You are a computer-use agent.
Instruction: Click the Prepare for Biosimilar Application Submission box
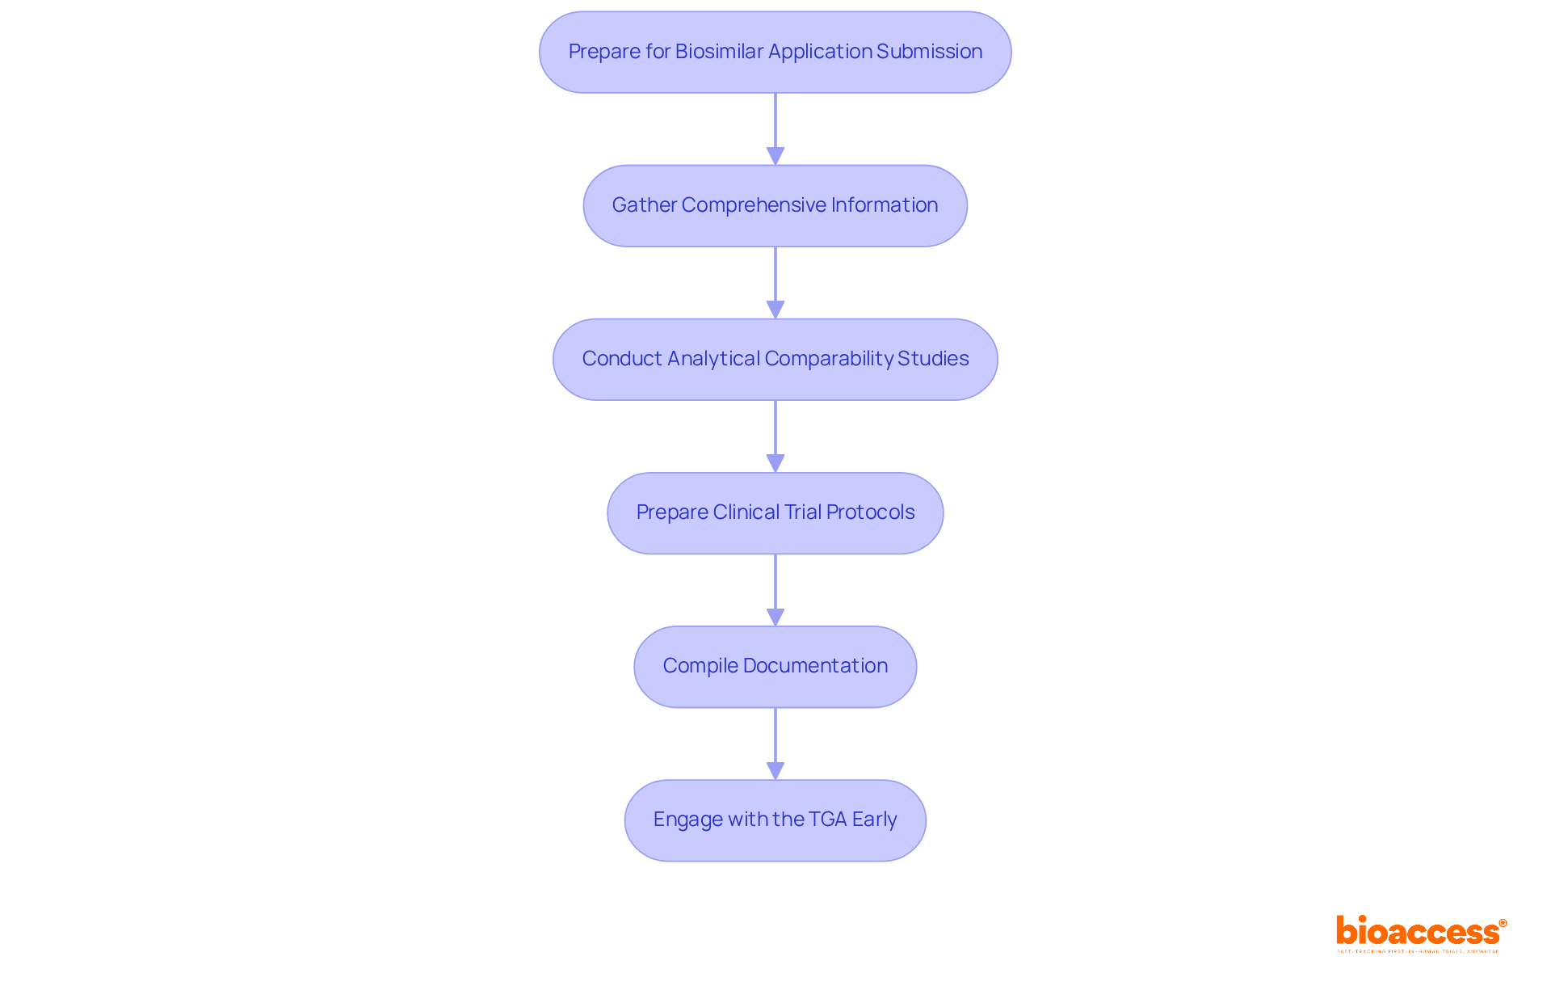click(775, 52)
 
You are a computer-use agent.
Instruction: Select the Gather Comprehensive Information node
click(775, 205)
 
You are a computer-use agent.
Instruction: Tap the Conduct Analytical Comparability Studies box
click(775, 359)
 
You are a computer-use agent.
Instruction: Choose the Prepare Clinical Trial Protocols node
click(775, 512)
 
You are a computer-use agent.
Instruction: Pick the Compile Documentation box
click(775, 666)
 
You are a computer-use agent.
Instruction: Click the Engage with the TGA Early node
click(775, 820)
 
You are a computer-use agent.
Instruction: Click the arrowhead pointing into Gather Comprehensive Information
click(775, 156)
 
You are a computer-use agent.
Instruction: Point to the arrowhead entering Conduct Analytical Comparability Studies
click(775, 310)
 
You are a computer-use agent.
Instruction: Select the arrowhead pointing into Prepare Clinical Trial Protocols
click(775, 463)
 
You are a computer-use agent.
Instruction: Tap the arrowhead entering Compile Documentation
click(775, 617)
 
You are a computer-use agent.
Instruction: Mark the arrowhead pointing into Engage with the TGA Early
click(775, 770)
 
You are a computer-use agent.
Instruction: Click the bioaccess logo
click(1420, 933)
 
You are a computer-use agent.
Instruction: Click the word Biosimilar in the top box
click(719, 52)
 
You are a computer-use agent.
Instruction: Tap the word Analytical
click(713, 359)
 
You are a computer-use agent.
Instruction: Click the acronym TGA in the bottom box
click(827, 820)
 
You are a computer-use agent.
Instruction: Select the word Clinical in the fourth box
click(746, 512)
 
